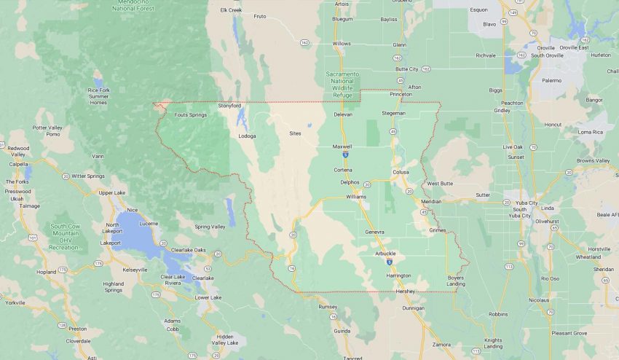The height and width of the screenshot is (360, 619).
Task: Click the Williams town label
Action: [356, 197]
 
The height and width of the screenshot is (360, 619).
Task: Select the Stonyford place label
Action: [229, 106]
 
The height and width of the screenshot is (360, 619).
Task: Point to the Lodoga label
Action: [248, 136]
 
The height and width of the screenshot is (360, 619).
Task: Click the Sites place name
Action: [294, 133]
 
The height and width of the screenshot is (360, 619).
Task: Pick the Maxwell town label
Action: [342, 146]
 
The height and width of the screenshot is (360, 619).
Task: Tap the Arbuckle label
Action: [385, 253]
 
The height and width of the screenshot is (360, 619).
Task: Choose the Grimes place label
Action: [437, 230]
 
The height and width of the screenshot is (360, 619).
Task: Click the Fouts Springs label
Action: [191, 114]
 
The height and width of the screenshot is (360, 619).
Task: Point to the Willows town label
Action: [342, 44]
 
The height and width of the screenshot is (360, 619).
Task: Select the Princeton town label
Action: [401, 94]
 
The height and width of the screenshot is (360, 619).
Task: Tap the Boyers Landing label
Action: [455, 281]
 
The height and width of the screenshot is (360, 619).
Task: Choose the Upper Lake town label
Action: [112, 193]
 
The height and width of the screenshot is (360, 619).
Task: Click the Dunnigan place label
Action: [414, 308]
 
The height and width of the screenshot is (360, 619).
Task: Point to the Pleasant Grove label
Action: [569, 333]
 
